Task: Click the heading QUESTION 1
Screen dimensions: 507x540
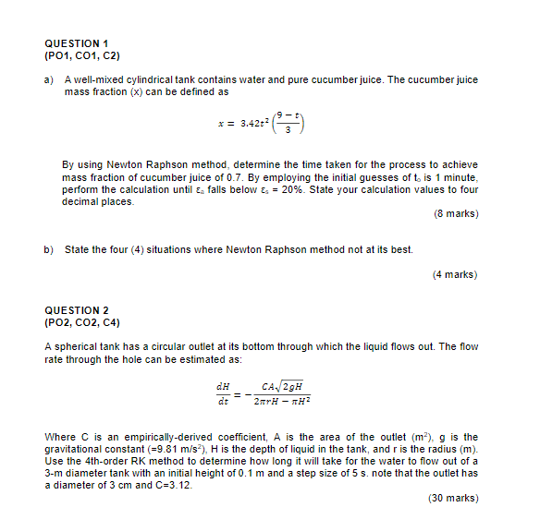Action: (76, 43)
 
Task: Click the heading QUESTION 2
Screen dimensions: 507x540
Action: (76, 310)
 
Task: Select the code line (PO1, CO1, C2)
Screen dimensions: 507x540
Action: (82, 55)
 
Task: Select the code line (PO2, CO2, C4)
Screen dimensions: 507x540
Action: (82, 322)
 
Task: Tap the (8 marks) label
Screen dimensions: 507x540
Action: (455, 213)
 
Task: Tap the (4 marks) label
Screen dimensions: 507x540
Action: (455, 274)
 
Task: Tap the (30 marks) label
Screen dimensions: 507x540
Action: (453, 498)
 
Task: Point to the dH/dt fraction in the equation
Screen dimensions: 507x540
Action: (222, 393)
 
